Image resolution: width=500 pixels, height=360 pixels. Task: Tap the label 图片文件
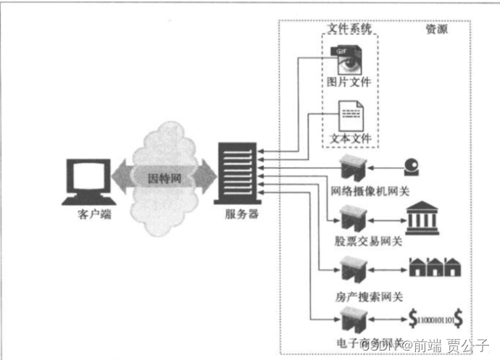coord(349,82)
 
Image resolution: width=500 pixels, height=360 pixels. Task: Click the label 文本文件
coord(349,137)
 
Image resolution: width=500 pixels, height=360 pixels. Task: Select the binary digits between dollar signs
coord(436,318)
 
